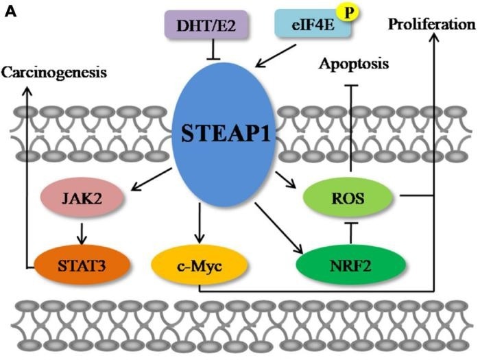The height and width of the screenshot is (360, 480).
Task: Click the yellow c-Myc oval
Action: (197, 263)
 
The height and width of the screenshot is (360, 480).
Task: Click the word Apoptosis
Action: (353, 64)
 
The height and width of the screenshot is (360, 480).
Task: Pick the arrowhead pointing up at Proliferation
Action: (433, 40)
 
